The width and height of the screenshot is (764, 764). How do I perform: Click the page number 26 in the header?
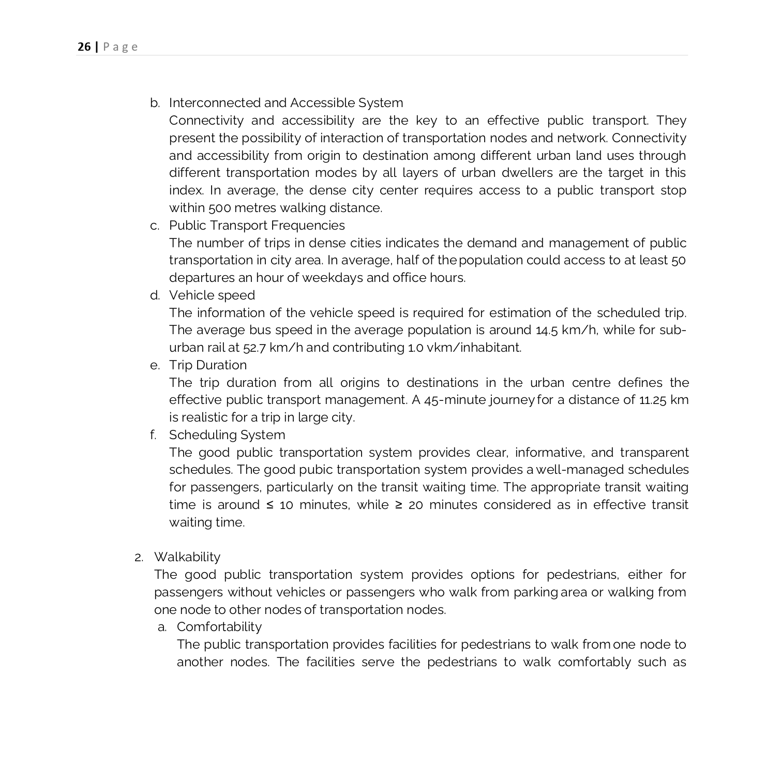tap(84, 47)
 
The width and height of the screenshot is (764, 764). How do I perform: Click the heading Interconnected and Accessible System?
tap(286, 103)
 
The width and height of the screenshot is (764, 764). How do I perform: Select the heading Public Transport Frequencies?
tap(257, 226)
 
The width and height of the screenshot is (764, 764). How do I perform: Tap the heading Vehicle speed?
tap(212, 295)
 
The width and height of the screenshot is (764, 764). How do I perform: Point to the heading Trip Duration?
tap(207, 365)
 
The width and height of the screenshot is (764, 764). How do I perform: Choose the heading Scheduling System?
tap(227, 435)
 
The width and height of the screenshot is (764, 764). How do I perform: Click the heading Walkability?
tap(187, 557)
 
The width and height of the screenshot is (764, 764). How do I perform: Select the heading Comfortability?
tap(219, 627)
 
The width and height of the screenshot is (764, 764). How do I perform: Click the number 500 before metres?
tap(219, 208)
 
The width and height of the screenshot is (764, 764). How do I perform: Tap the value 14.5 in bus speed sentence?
tap(547, 330)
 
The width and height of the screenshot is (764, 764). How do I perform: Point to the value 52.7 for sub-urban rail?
tap(254, 348)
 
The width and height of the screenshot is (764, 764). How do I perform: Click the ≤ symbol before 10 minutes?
tap(269, 505)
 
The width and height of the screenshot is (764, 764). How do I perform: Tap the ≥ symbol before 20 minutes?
tap(399, 505)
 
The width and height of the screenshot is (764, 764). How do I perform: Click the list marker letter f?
tap(153, 435)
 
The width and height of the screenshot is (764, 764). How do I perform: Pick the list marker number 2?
tap(138, 558)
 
